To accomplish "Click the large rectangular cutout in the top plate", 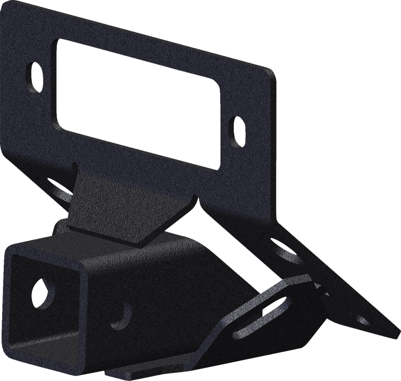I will tap(138, 105).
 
